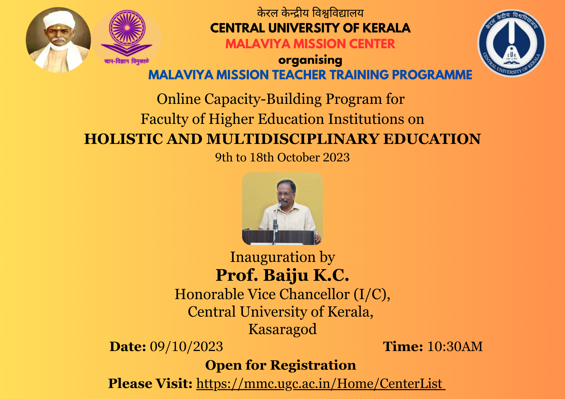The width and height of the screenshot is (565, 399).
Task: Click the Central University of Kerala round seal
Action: coord(512,43)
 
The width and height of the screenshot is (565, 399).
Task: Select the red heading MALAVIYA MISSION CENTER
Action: coord(310,44)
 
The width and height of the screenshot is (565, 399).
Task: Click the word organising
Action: coord(310,60)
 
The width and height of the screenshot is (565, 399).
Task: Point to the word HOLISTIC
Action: coord(123,139)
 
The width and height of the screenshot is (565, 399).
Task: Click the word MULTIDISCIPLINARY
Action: coord(292,139)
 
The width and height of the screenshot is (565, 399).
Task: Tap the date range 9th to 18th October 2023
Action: coord(282,157)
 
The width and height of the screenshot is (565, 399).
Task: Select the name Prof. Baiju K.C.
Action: coord(282,275)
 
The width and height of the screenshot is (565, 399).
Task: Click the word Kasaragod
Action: coord(282,329)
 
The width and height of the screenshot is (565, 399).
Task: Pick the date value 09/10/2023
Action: coord(186,347)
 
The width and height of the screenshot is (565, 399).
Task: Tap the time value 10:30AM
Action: coord(455,347)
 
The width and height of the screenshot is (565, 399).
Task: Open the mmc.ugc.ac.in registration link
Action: coord(321,384)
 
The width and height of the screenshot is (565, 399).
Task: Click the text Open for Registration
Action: coord(281,365)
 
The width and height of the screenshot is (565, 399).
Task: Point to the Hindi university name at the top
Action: coord(310,13)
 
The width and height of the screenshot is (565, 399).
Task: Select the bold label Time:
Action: coord(403,347)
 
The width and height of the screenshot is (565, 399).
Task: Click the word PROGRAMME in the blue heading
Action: coord(432,75)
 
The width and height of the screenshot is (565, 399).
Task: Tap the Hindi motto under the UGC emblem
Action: coord(126,61)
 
